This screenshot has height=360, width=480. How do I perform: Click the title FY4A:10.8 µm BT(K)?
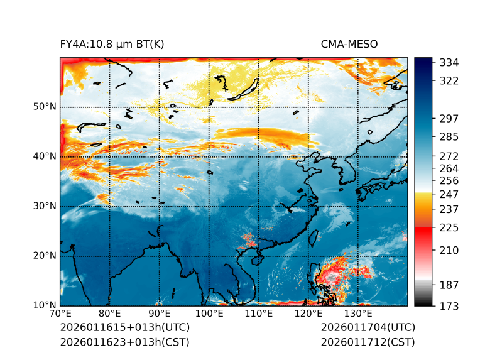112,44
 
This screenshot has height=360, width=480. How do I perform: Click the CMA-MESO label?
349,44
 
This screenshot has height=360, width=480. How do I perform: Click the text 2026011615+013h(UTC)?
124,328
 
